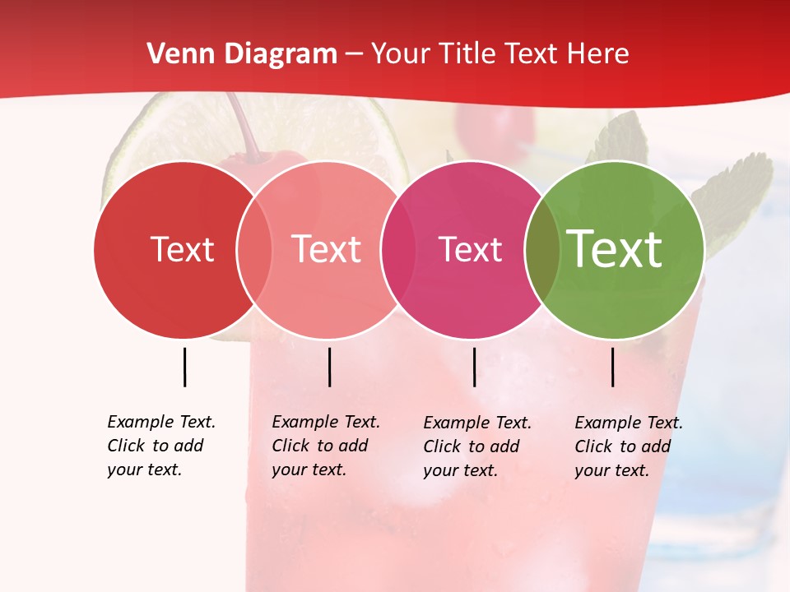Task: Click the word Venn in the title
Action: click(174, 54)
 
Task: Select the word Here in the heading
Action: click(597, 54)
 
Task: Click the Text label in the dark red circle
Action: click(182, 249)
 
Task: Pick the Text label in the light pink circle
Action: click(327, 249)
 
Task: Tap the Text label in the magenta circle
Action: click(470, 249)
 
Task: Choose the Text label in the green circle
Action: click(615, 249)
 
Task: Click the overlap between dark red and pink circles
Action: click(254, 249)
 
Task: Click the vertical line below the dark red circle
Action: click(184, 367)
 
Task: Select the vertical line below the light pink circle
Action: click(329, 367)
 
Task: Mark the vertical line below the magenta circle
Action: click(474, 367)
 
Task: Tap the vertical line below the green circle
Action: click(612, 367)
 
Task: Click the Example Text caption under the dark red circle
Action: click(161, 446)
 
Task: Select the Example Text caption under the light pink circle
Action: click(326, 446)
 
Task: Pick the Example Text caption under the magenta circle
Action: click(477, 446)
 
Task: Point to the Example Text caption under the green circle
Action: click(629, 446)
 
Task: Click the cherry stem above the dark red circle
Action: click(245, 127)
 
